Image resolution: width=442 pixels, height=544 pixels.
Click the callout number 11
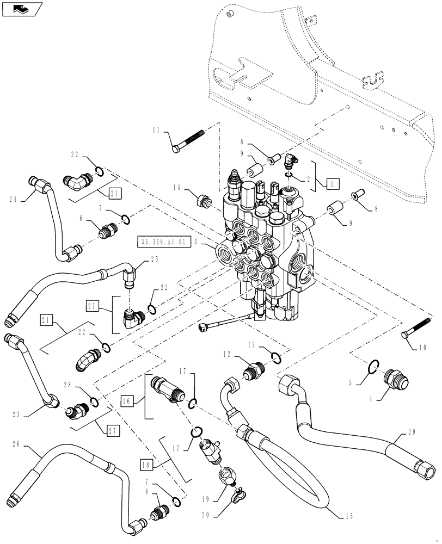point(156,131)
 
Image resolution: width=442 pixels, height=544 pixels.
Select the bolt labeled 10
point(418,332)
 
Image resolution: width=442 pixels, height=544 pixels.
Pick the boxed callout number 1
point(330,183)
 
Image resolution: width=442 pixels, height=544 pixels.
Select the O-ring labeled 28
point(94,402)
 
